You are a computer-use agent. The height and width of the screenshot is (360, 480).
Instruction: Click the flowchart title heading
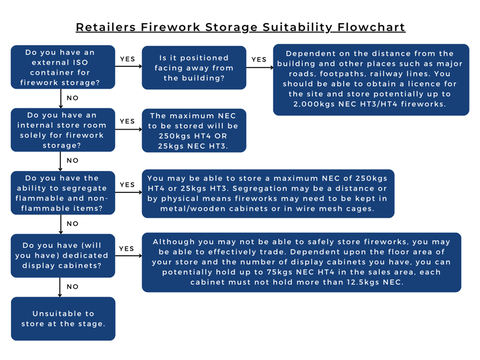tap(241, 27)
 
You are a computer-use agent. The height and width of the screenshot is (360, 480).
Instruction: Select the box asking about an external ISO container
tap(63, 67)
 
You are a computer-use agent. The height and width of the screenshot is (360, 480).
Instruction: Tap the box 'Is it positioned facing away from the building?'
tap(194, 68)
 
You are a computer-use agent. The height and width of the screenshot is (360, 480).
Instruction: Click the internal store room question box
tap(63, 130)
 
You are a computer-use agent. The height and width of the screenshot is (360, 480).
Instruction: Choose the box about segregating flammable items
tap(63, 193)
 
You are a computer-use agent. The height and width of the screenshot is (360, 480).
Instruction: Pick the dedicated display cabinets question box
tap(63, 256)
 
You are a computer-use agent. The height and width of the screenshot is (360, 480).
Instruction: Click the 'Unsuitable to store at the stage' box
tap(63, 319)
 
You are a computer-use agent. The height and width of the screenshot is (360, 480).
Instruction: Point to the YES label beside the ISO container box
tap(127, 59)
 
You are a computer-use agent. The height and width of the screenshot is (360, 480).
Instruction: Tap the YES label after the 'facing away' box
tap(259, 59)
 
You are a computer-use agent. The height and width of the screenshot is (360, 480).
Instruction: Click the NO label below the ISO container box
tap(73, 98)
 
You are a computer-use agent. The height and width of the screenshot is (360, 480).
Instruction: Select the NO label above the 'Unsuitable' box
tap(73, 287)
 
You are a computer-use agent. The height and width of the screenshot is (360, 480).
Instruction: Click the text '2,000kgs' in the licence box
tap(314, 104)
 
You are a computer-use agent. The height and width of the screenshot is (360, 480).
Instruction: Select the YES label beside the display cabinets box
tap(127, 248)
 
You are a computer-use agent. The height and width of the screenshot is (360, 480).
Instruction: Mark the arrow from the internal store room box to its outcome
tap(128, 129)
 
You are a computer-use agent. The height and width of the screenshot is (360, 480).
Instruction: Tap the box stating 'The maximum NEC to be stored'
tap(194, 131)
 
